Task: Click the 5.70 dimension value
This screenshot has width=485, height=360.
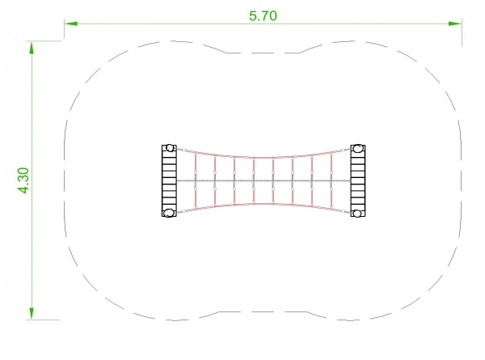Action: (264, 16)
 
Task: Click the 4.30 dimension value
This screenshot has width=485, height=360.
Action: (23, 180)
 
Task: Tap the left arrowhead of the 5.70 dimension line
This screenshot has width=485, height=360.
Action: (71, 23)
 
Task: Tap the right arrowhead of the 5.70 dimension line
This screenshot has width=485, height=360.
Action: (455, 23)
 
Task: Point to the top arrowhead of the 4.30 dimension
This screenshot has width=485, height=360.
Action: (32, 48)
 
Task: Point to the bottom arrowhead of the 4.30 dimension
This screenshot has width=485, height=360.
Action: (32, 313)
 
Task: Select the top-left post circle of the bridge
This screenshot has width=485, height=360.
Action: (170, 148)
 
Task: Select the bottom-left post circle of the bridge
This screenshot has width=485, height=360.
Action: (169, 213)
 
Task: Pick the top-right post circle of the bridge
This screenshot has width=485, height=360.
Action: (358, 148)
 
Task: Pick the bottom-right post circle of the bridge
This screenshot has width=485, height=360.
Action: (357, 214)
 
